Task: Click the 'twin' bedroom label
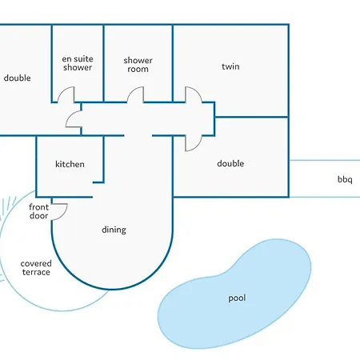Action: click(x=230, y=66)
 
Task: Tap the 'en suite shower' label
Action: click(x=78, y=63)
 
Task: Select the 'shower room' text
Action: click(x=138, y=65)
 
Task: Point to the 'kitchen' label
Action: click(x=70, y=164)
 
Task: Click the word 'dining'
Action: click(x=114, y=230)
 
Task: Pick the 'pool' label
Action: click(x=237, y=298)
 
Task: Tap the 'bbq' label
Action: click(x=345, y=179)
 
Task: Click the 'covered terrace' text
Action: click(x=36, y=268)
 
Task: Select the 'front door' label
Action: click(x=39, y=211)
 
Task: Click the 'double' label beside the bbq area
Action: click(x=230, y=163)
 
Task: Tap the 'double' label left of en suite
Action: click(x=17, y=78)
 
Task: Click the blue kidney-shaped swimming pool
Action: click(x=234, y=294)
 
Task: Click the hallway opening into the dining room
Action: click(x=138, y=136)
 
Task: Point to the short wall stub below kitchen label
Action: click(x=98, y=182)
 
